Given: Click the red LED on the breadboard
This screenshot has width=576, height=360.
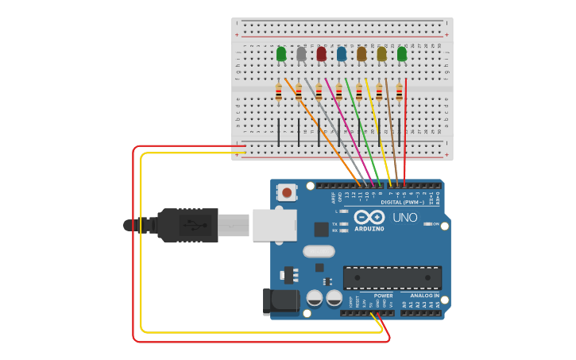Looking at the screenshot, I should coord(321,54).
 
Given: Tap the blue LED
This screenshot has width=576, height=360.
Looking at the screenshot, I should coord(342,54).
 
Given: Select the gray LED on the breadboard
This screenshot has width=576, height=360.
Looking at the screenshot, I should coord(301,54).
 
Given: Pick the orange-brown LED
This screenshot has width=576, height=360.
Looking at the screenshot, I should coord(361,54).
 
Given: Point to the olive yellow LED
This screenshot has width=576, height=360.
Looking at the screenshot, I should coord(381,54).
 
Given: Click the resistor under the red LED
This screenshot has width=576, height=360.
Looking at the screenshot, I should coord(319,93).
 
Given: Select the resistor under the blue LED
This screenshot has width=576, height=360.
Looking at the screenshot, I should coord(339,93).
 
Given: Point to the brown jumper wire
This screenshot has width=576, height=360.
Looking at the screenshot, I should coord(391,127).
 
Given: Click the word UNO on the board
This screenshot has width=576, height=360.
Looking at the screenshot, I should coord(407,216).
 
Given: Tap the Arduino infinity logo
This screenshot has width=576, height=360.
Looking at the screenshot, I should coord(369,218).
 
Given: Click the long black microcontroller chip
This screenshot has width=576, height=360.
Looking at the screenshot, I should coord(392,277).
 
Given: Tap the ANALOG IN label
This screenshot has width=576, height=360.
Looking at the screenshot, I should coord(424,296).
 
